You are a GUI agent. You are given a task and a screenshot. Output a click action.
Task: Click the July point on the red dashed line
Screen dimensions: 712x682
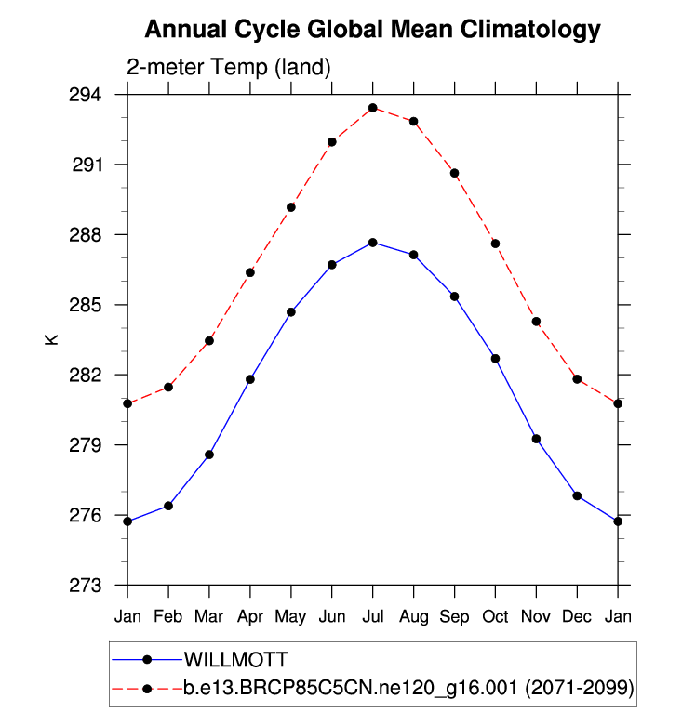(372, 108)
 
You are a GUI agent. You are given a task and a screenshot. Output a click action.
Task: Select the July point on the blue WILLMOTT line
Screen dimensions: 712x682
(372, 243)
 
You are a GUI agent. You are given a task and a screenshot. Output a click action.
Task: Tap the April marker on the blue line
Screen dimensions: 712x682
(250, 379)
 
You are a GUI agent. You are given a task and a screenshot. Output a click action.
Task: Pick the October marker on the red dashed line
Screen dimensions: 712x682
(495, 244)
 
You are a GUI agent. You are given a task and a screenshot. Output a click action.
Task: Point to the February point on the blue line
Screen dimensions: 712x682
(168, 506)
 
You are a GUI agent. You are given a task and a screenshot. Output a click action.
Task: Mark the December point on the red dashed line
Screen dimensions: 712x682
(577, 379)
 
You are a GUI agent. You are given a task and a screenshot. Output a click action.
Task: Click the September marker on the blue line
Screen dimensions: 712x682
(454, 297)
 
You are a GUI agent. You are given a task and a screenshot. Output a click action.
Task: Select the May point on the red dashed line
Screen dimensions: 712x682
(291, 207)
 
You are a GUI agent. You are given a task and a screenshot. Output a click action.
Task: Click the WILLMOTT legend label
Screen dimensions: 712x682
(236, 660)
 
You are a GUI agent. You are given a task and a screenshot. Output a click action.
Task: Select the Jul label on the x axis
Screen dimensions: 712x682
(372, 616)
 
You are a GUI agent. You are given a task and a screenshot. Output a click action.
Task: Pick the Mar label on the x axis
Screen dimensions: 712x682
(209, 616)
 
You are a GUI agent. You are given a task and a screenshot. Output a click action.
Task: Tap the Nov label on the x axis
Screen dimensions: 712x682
(536, 616)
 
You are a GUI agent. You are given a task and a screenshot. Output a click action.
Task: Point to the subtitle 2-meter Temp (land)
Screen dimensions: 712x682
(228, 67)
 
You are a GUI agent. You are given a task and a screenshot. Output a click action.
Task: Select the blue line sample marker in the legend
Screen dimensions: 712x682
(147, 660)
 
